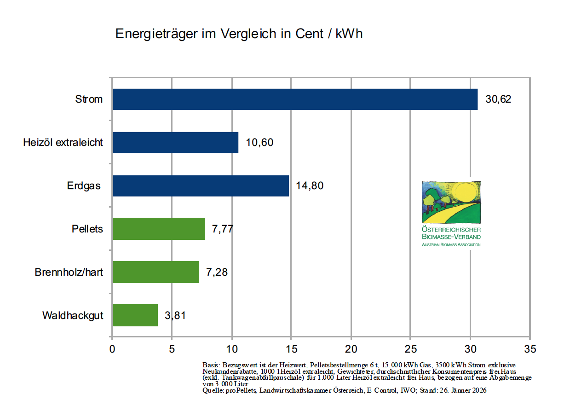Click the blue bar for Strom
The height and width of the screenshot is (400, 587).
(295, 99)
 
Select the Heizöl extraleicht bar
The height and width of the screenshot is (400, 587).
(175, 143)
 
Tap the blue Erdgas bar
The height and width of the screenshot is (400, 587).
(201, 186)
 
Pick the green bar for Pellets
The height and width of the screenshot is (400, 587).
(159, 229)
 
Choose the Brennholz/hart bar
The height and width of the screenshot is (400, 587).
(155, 272)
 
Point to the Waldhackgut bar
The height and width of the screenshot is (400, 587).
(135, 315)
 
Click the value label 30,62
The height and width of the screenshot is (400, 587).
(498, 99)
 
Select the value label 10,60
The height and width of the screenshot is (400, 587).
(259, 143)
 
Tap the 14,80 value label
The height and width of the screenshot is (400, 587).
(310, 186)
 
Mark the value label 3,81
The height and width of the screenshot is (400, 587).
(175, 315)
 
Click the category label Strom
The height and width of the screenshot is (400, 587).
(89, 99)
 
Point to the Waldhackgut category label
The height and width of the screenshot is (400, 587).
(73, 316)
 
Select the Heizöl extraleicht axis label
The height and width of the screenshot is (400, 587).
(63, 143)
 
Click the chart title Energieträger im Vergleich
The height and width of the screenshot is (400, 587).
(239, 34)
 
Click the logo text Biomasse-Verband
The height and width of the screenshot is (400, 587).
(451, 237)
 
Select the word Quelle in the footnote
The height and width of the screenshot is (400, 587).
(212, 390)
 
